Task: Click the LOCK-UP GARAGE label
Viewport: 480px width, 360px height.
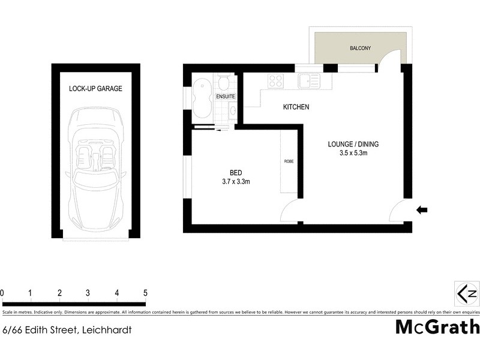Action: (95, 89)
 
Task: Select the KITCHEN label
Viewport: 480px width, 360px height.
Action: (296, 107)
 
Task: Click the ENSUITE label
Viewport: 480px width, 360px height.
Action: (225, 97)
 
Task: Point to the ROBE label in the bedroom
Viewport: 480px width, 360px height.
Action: (289, 161)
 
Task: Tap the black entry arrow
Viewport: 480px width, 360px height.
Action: (422, 209)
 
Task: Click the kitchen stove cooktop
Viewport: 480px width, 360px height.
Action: (276, 80)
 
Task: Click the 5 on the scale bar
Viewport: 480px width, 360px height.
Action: (145, 293)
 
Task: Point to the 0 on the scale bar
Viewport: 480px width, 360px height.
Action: (2, 293)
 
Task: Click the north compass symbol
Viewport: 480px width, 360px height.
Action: (467, 293)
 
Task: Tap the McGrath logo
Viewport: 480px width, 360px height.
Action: (437, 327)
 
